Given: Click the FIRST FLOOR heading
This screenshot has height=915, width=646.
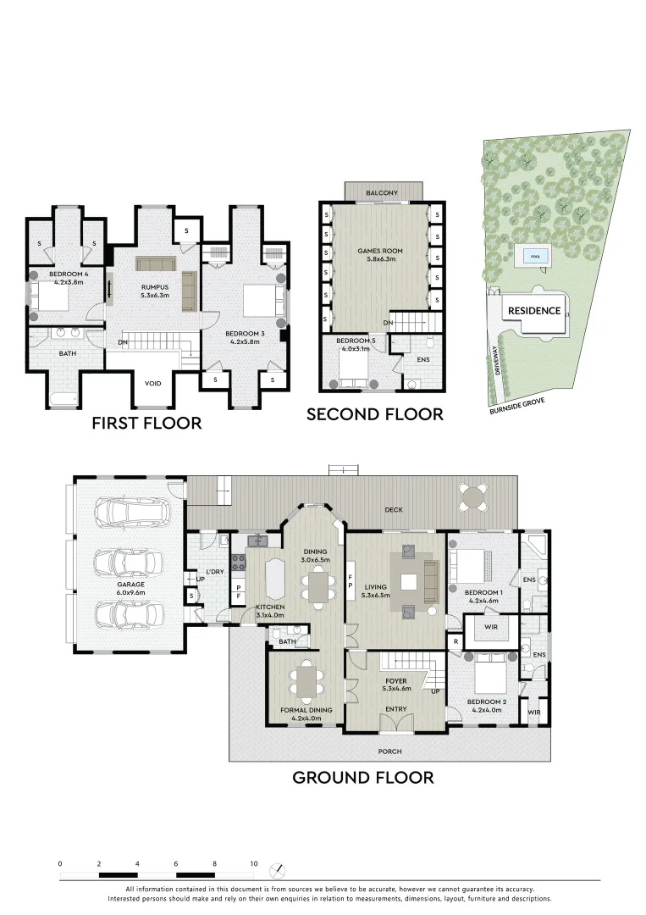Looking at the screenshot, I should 146,422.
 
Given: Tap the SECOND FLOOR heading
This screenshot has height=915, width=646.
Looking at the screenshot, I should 374,414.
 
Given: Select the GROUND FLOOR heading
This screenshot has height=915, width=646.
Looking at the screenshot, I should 362,777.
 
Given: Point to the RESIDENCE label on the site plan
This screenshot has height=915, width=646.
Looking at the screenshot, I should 533,310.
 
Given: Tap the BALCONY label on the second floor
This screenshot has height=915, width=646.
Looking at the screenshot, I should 382,193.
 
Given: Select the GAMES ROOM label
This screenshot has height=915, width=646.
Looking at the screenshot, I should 380,252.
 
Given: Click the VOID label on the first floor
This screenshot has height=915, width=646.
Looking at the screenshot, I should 152,384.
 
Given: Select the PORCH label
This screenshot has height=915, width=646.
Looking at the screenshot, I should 390,751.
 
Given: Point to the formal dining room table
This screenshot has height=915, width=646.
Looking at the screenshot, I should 306,679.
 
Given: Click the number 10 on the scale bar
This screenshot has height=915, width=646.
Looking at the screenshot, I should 253,864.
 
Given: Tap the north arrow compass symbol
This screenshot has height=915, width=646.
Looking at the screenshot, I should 280,871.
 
